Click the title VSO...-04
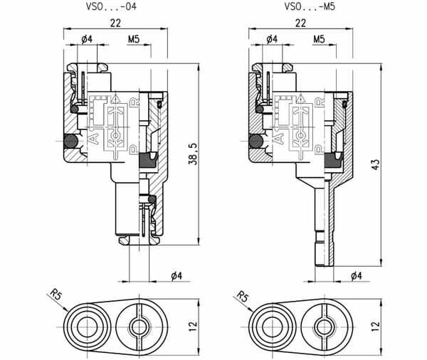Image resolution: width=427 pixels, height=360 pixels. [111, 6]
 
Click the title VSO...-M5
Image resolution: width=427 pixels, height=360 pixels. [310, 6]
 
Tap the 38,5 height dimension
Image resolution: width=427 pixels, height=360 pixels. [193, 154]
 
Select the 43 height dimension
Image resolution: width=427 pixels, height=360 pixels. [376, 164]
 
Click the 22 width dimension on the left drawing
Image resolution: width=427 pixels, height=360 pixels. [115, 23]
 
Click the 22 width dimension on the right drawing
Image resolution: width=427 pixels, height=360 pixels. [300, 23]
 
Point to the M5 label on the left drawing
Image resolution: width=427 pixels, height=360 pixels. [134, 39]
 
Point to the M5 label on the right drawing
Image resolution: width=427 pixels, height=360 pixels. [319, 39]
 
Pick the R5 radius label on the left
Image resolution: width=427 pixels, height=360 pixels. [56, 295]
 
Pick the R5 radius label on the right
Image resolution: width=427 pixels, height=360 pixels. [242, 296]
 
